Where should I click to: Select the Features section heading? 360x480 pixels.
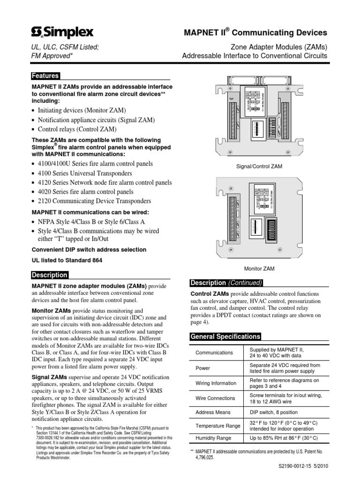click(x=45, y=76)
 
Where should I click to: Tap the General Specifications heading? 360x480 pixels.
click(x=225, y=337)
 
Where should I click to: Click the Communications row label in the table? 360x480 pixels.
click(x=214, y=352)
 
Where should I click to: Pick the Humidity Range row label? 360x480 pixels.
click(x=213, y=438)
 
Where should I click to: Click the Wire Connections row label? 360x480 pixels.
click(x=215, y=398)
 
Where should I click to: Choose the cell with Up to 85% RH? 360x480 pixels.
click(x=283, y=438)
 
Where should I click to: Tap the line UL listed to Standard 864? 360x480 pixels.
click(x=67, y=260)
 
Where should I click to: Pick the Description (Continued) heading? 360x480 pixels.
click(x=226, y=283)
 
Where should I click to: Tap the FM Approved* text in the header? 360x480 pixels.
click(x=52, y=56)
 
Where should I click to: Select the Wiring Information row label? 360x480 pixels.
click(x=216, y=383)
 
